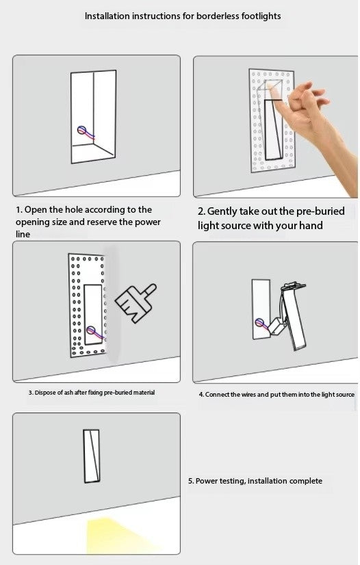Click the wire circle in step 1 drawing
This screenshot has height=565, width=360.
click(82, 130)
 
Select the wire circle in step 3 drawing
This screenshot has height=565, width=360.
click(90, 330)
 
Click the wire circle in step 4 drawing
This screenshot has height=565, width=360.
click(259, 322)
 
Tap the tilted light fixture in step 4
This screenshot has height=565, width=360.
click(294, 317)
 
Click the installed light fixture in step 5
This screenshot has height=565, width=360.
click(91, 456)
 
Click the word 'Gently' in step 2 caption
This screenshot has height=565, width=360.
click(222, 211)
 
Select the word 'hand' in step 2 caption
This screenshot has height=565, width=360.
click(311, 226)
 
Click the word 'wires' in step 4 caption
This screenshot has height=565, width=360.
click(248, 395)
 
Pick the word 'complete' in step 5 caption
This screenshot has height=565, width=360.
click(305, 481)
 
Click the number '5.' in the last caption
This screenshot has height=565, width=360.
click(191, 481)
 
